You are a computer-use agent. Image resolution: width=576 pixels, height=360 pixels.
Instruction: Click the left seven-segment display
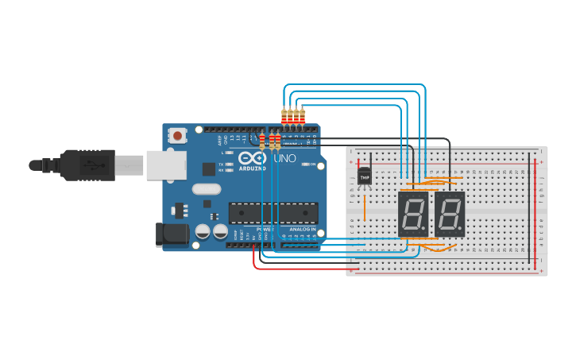click(x=412, y=214)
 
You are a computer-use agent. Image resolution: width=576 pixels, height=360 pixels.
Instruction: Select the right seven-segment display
click(x=450, y=214)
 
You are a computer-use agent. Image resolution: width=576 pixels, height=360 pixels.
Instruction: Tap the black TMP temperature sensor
click(x=365, y=176)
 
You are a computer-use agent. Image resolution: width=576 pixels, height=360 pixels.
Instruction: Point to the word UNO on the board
click(x=284, y=159)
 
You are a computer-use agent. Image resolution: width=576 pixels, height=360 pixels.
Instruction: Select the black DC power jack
click(x=169, y=232)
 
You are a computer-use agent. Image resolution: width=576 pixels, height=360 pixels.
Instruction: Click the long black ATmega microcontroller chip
click(x=273, y=213)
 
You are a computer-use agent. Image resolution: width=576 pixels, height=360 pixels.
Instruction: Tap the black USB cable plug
click(x=87, y=165)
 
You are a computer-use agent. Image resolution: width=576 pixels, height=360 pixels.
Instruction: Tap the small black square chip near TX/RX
click(x=208, y=168)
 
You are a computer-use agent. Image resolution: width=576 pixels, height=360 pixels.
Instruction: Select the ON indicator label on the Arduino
click(x=312, y=165)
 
